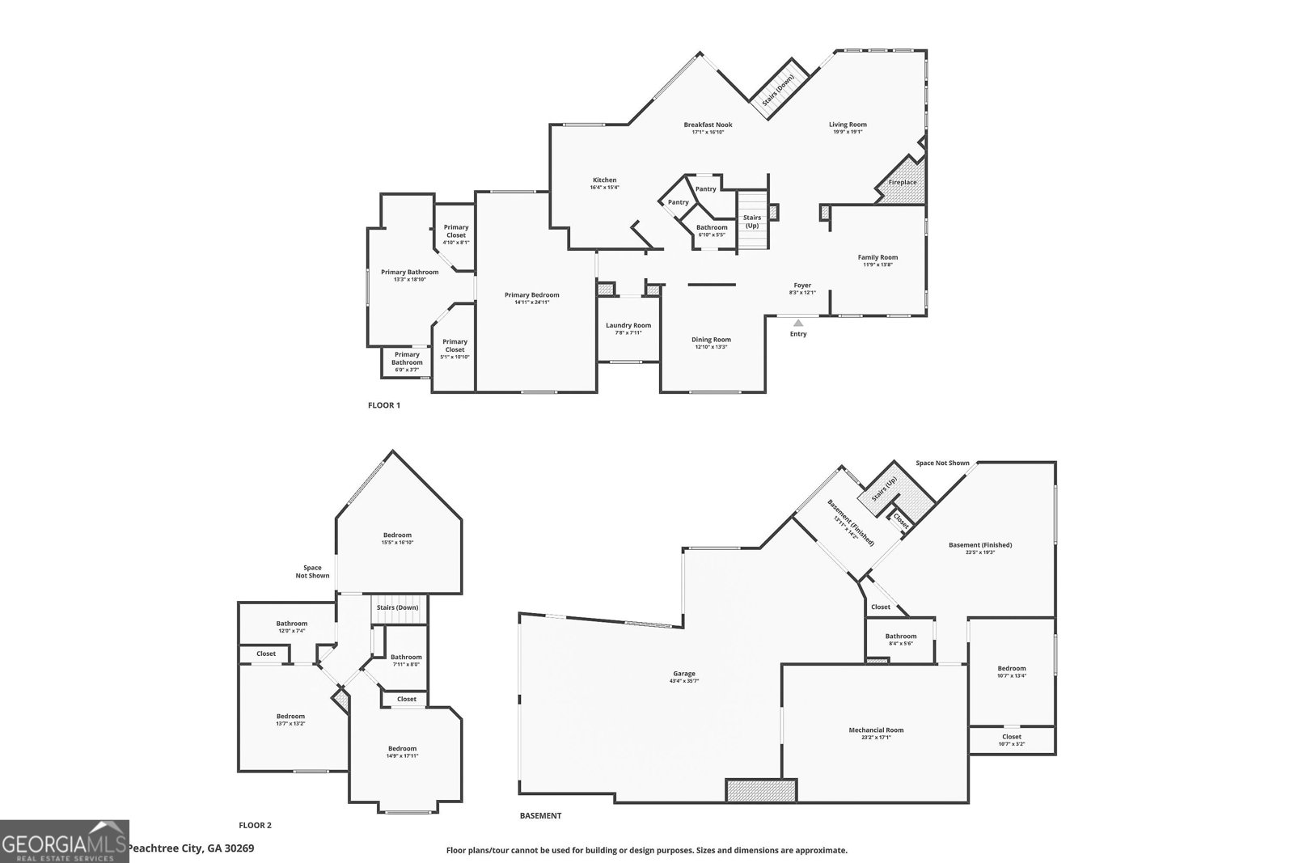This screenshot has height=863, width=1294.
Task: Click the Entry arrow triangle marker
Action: coord(798,323)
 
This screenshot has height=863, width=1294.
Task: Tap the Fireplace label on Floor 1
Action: coord(903,182)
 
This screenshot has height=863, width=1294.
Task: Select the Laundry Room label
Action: coord(628,325)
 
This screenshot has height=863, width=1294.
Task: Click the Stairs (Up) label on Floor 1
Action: coord(752,222)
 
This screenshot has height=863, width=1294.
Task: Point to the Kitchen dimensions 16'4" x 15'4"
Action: coord(604,188)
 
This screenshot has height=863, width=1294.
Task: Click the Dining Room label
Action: coord(711,340)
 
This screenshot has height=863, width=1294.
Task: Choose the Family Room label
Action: coord(877,257)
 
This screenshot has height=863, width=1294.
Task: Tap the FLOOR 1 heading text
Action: coord(384,405)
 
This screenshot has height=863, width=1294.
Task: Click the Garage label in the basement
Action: coord(684,674)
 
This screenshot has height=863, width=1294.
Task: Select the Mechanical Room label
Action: coord(876,730)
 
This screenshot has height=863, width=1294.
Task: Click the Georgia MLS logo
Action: coord(64,841)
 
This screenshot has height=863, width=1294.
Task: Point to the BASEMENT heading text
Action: coord(540,816)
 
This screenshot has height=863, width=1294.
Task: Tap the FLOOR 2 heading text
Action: coord(255,826)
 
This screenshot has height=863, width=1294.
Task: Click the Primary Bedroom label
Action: coord(531,295)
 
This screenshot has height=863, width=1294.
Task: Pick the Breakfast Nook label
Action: coord(708,125)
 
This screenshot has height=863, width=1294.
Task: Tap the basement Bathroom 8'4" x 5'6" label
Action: coord(900,637)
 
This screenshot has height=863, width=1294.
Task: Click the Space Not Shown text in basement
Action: coord(942,463)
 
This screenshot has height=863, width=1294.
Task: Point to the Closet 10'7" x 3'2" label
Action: coord(1011,737)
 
